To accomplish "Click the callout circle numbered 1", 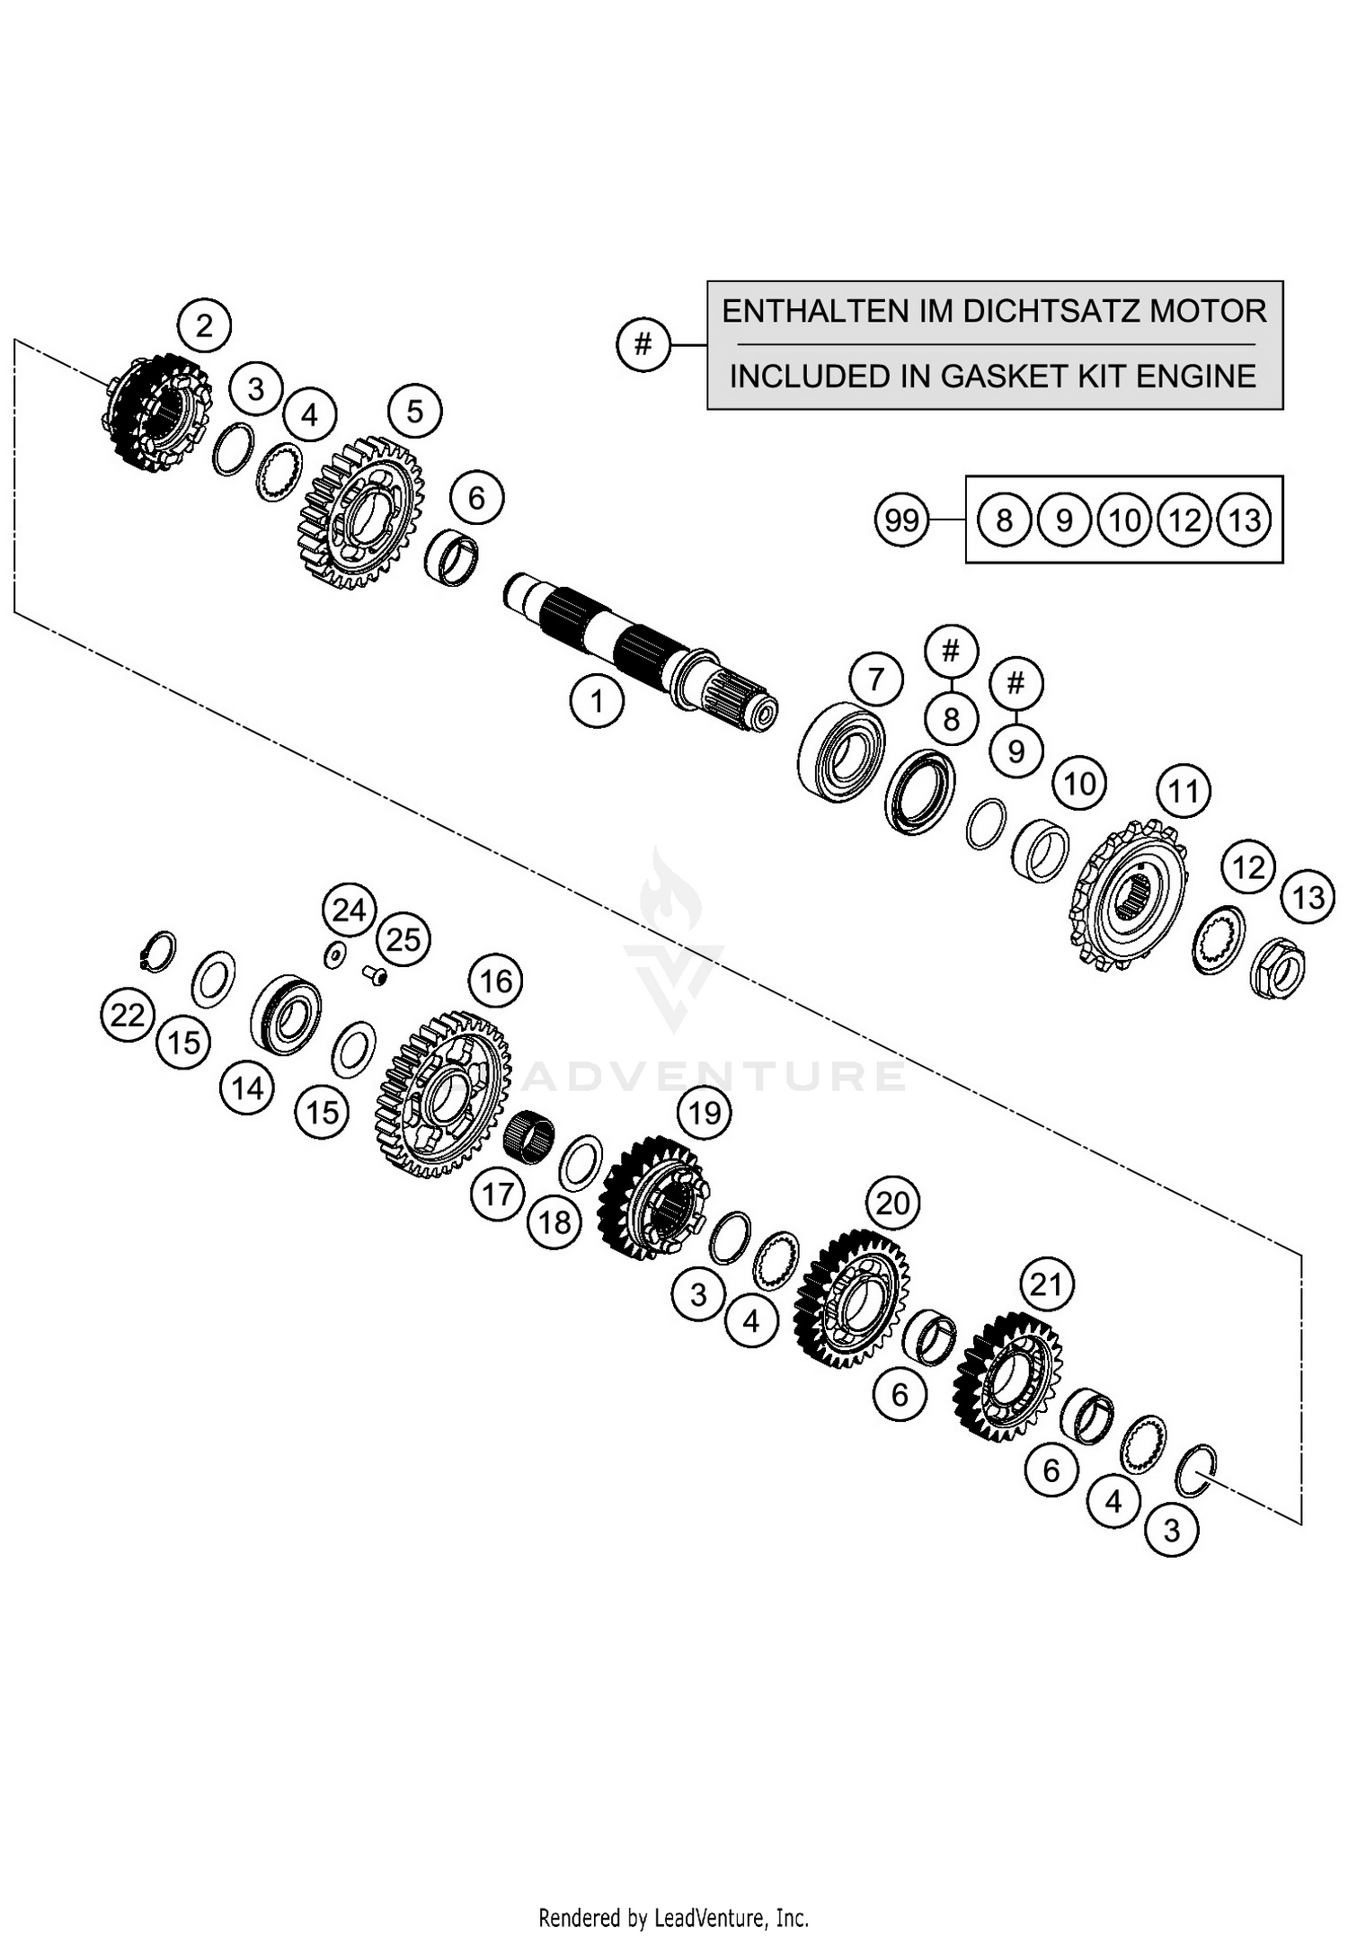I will coord(597,700).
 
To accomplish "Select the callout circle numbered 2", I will coord(204,324).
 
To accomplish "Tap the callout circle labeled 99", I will coord(901,520).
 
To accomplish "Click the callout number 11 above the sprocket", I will coord(1183,791).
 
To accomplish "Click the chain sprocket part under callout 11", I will coord(1131,894).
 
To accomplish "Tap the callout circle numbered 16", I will coord(496,981).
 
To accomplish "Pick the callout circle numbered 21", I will coord(1046,1284).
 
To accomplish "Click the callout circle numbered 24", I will coord(349,910).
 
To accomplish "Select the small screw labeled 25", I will coord(376,973).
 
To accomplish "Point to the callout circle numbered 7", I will coord(875,679).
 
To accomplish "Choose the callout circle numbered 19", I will coord(705,1113).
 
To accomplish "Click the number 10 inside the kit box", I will coord(1124,520).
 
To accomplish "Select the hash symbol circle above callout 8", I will coord(951,650).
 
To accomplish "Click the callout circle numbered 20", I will coord(892,1203).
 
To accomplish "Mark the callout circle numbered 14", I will coord(247,1088).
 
